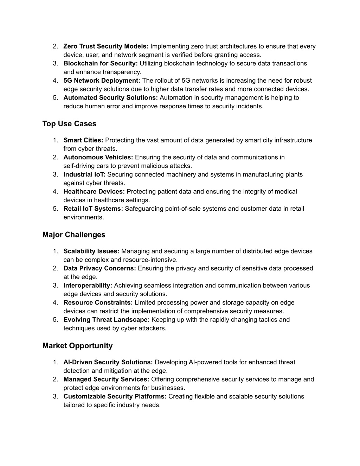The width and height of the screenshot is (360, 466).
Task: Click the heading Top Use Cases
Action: (69, 124)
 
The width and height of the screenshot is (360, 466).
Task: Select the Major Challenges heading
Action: (73, 235)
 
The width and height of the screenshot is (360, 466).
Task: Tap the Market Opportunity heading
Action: (77, 346)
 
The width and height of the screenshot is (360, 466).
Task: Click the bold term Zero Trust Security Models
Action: (106, 46)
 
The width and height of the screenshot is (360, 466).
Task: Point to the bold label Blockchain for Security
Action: (101, 63)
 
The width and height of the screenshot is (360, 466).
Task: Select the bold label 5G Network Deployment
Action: (102, 81)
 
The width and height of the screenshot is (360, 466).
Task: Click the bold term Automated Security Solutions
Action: (110, 97)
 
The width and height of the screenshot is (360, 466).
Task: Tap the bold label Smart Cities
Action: (83, 140)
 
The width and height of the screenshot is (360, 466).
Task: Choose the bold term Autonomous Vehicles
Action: (98, 157)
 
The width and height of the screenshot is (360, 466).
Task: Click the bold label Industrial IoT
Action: (84, 174)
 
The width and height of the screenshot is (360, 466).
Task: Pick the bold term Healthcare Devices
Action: (94, 192)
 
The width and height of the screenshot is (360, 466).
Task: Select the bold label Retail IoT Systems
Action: (93, 209)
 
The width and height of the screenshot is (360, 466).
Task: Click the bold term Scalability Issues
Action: (91, 251)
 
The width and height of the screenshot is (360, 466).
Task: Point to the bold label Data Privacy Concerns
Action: (99, 268)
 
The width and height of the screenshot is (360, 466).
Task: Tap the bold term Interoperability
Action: (88, 286)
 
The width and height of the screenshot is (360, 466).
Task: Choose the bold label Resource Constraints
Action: (98, 302)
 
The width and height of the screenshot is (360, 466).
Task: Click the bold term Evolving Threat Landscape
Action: (107, 320)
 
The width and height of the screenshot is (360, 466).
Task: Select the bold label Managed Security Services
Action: (106, 379)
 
